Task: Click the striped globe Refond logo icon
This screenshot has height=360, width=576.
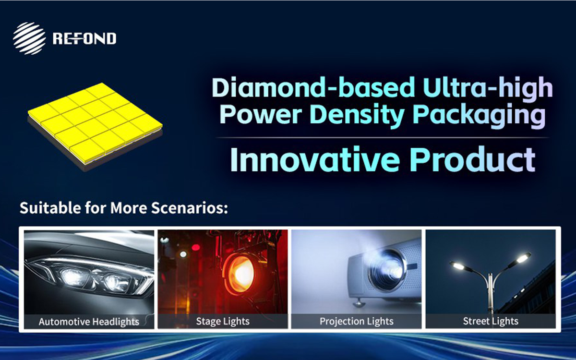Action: pyautogui.click(x=30, y=38)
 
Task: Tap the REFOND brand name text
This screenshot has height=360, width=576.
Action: pyautogui.click(x=84, y=38)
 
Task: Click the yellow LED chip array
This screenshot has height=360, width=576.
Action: pyautogui.click(x=95, y=127)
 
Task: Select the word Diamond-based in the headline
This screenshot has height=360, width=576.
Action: pyautogui.click(x=313, y=87)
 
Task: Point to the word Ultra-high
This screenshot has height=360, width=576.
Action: pyautogui.click(x=488, y=87)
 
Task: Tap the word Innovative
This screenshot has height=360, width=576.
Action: pyautogui.click(x=315, y=159)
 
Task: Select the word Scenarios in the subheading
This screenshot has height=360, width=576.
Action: pyautogui.click(x=190, y=208)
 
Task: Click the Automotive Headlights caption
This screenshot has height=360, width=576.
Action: pyautogui.click(x=89, y=322)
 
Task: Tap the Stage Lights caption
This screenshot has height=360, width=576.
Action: pyautogui.click(x=223, y=322)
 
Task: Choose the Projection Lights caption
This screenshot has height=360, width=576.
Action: pyautogui.click(x=356, y=322)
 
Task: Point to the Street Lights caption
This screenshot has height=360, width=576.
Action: pyautogui.click(x=491, y=321)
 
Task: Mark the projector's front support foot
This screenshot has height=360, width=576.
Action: pyautogui.click(x=359, y=303)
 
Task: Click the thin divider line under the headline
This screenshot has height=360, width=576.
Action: pyautogui.click(x=382, y=138)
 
